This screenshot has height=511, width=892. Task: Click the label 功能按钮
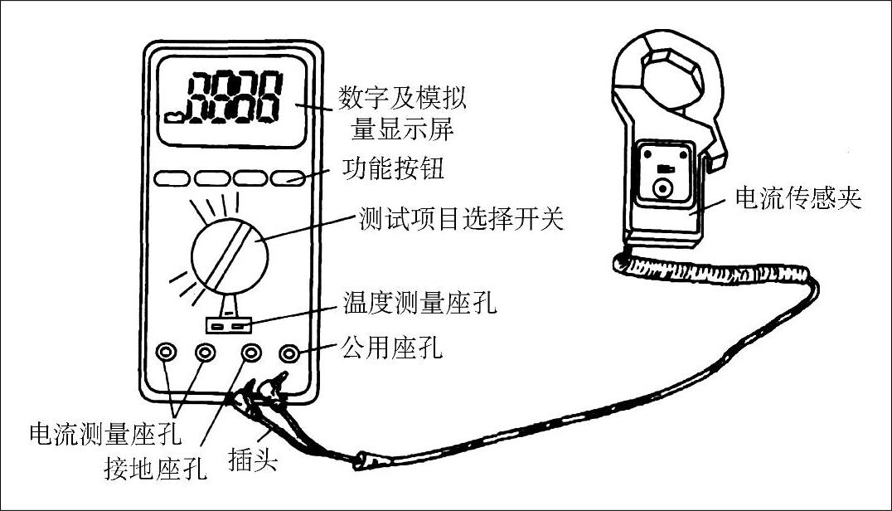393,171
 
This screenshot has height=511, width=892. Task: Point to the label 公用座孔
391,347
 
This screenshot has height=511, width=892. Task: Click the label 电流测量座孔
104,432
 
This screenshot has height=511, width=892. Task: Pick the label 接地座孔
155,469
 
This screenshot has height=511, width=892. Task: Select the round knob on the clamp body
662,190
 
